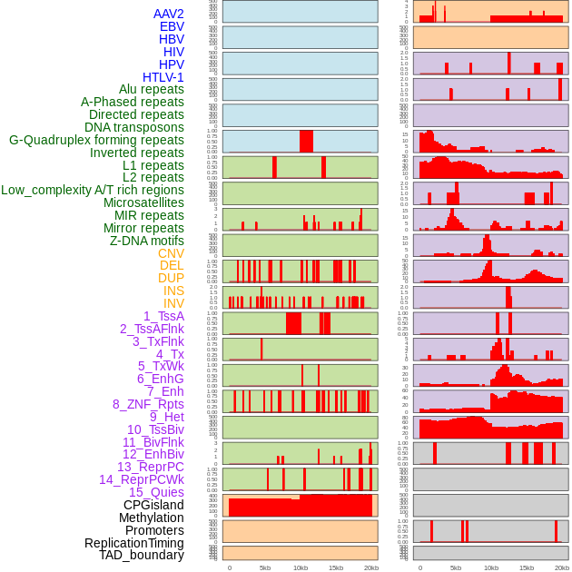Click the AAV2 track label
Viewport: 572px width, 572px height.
(169, 14)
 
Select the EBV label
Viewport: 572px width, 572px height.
(172, 26)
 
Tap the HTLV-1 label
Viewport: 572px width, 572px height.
(163, 77)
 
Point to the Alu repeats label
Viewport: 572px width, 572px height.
(152, 89)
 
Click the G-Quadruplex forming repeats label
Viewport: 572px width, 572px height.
(96, 140)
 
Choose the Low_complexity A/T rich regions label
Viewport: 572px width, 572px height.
(93, 190)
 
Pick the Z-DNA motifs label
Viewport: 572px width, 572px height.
(147, 241)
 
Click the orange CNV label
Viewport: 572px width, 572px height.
(171, 253)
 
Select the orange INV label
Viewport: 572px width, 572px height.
(173, 303)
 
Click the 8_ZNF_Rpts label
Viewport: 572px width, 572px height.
(148, 404)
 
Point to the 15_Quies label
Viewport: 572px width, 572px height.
(156, 492)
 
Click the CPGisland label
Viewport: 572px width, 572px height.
(153, 505)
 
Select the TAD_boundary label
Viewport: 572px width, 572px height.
(142, 555)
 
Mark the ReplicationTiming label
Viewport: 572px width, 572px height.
(133, 543)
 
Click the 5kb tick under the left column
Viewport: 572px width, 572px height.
(265, 567)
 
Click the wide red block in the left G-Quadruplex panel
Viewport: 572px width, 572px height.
(306, 142)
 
